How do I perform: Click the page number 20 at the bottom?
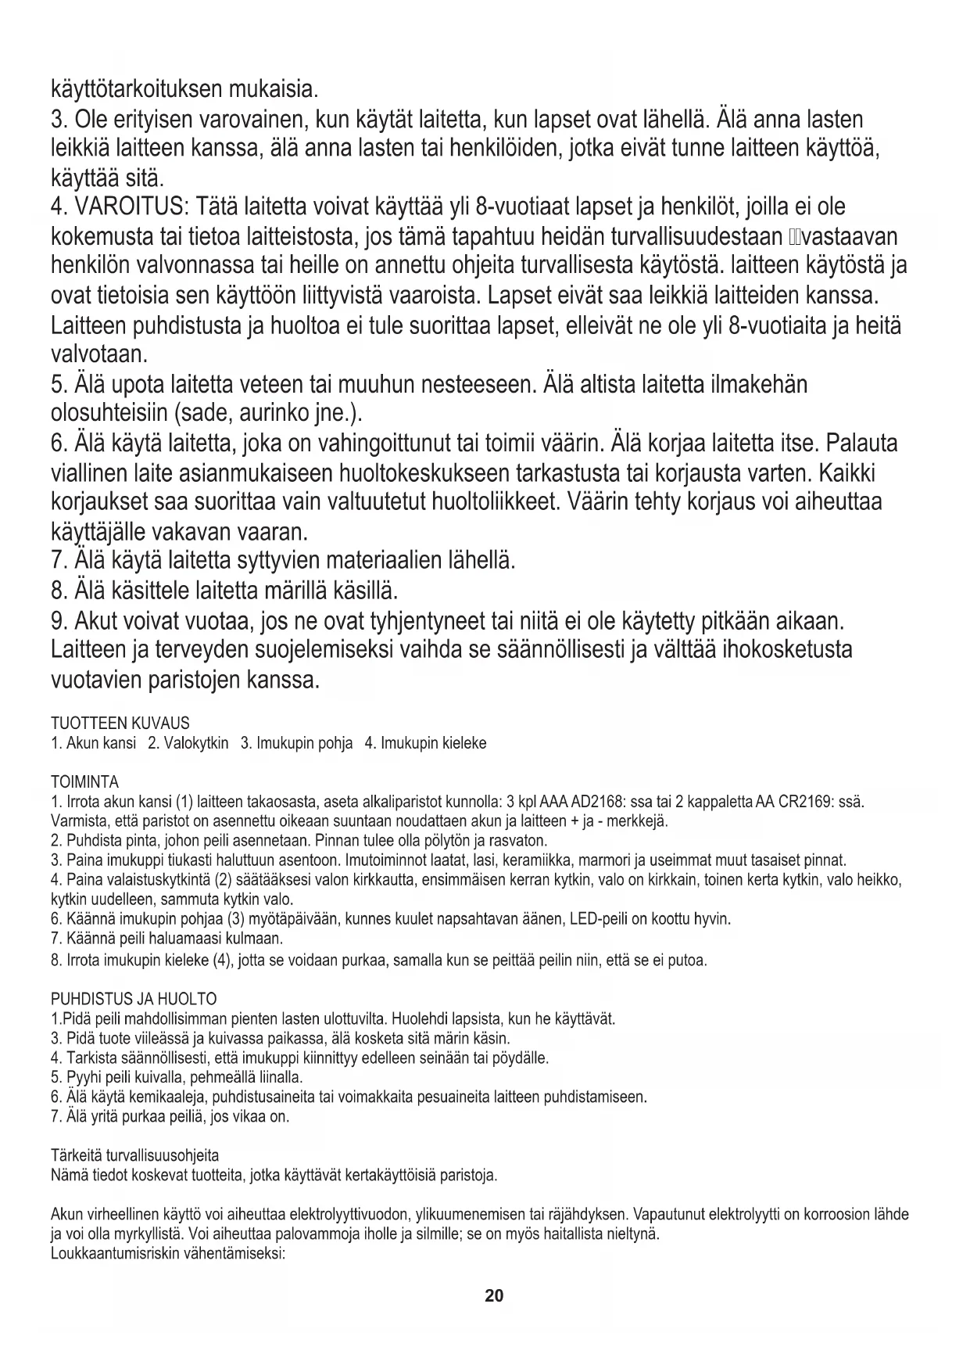(x=494, y=1295)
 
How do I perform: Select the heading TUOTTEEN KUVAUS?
(x=120, y=723)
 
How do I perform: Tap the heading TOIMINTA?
(x=84, y=782)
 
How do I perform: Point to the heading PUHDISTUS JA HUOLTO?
(x=133, y=999)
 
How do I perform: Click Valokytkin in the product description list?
(x=195, y=742)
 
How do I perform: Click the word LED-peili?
(x=599, y=918)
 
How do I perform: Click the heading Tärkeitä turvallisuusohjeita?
(x=134, y=1155)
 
